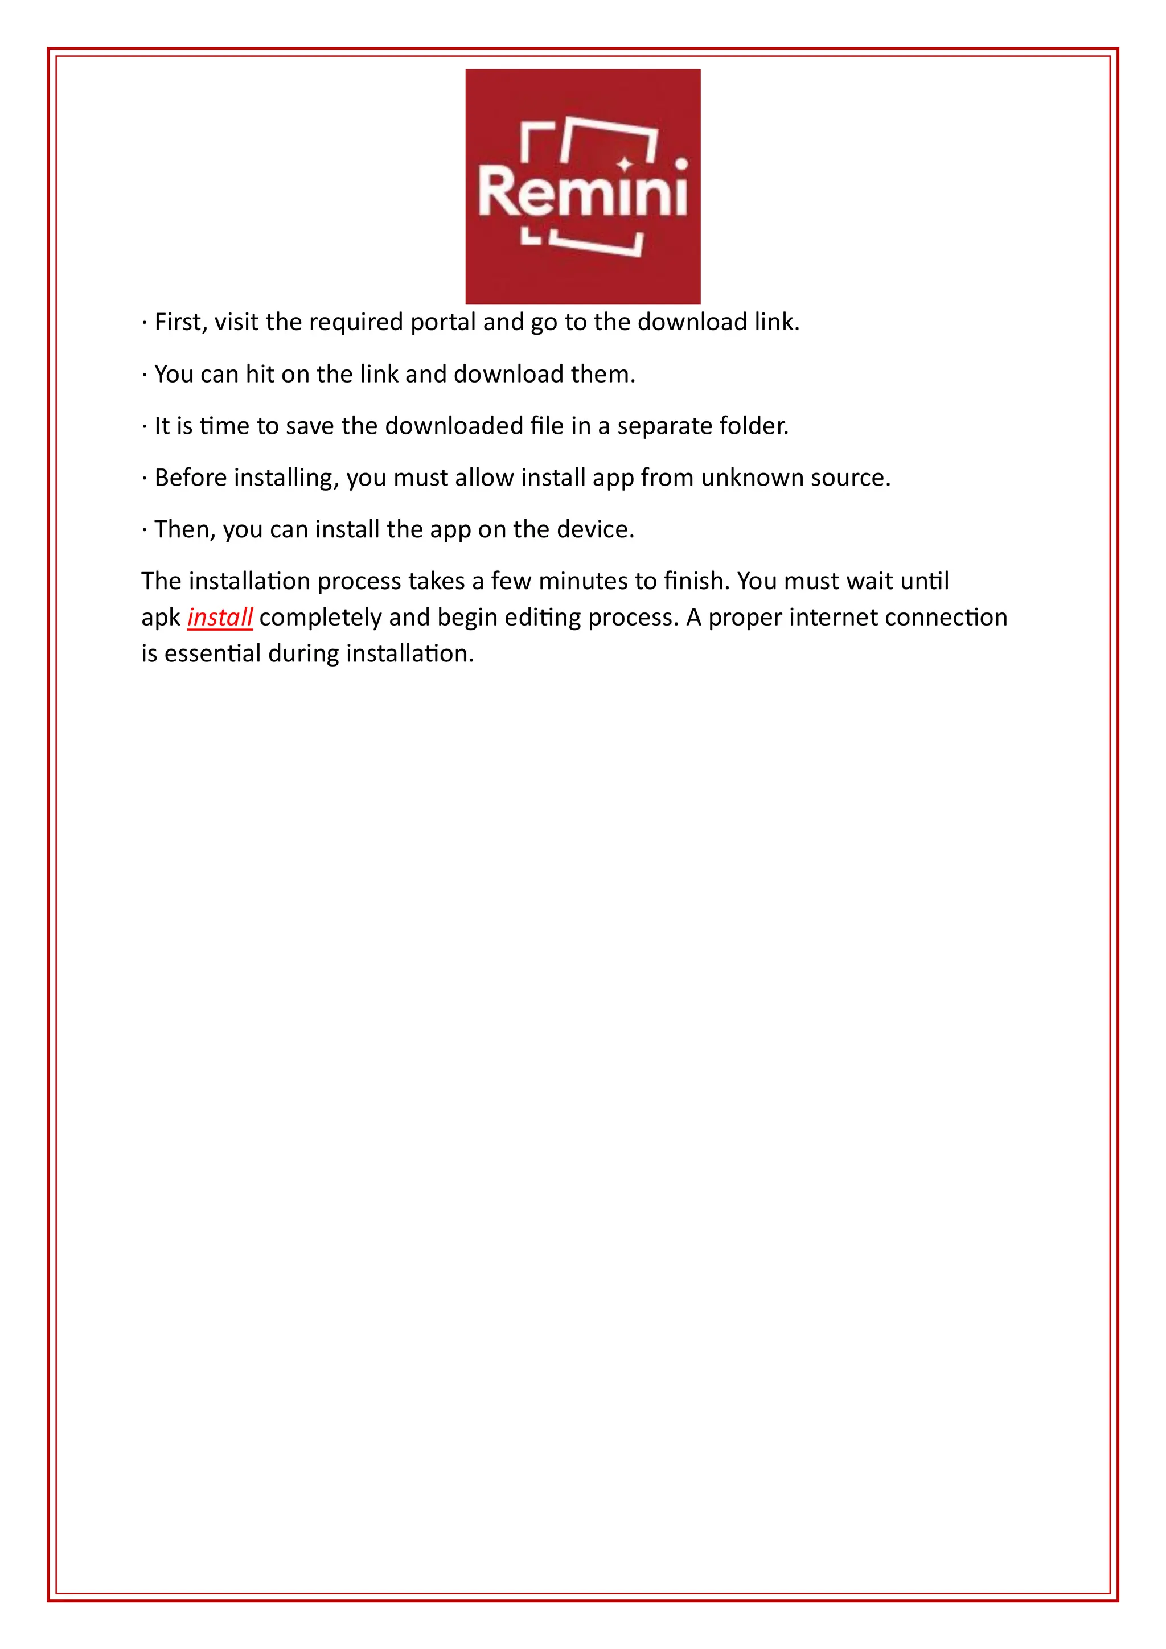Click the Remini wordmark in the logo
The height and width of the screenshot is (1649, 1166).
coord(582,192)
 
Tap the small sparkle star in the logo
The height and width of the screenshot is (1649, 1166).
coord(625,165)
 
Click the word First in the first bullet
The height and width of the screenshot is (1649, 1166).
coord(180,322)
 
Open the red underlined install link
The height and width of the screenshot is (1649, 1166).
coord(220,617)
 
